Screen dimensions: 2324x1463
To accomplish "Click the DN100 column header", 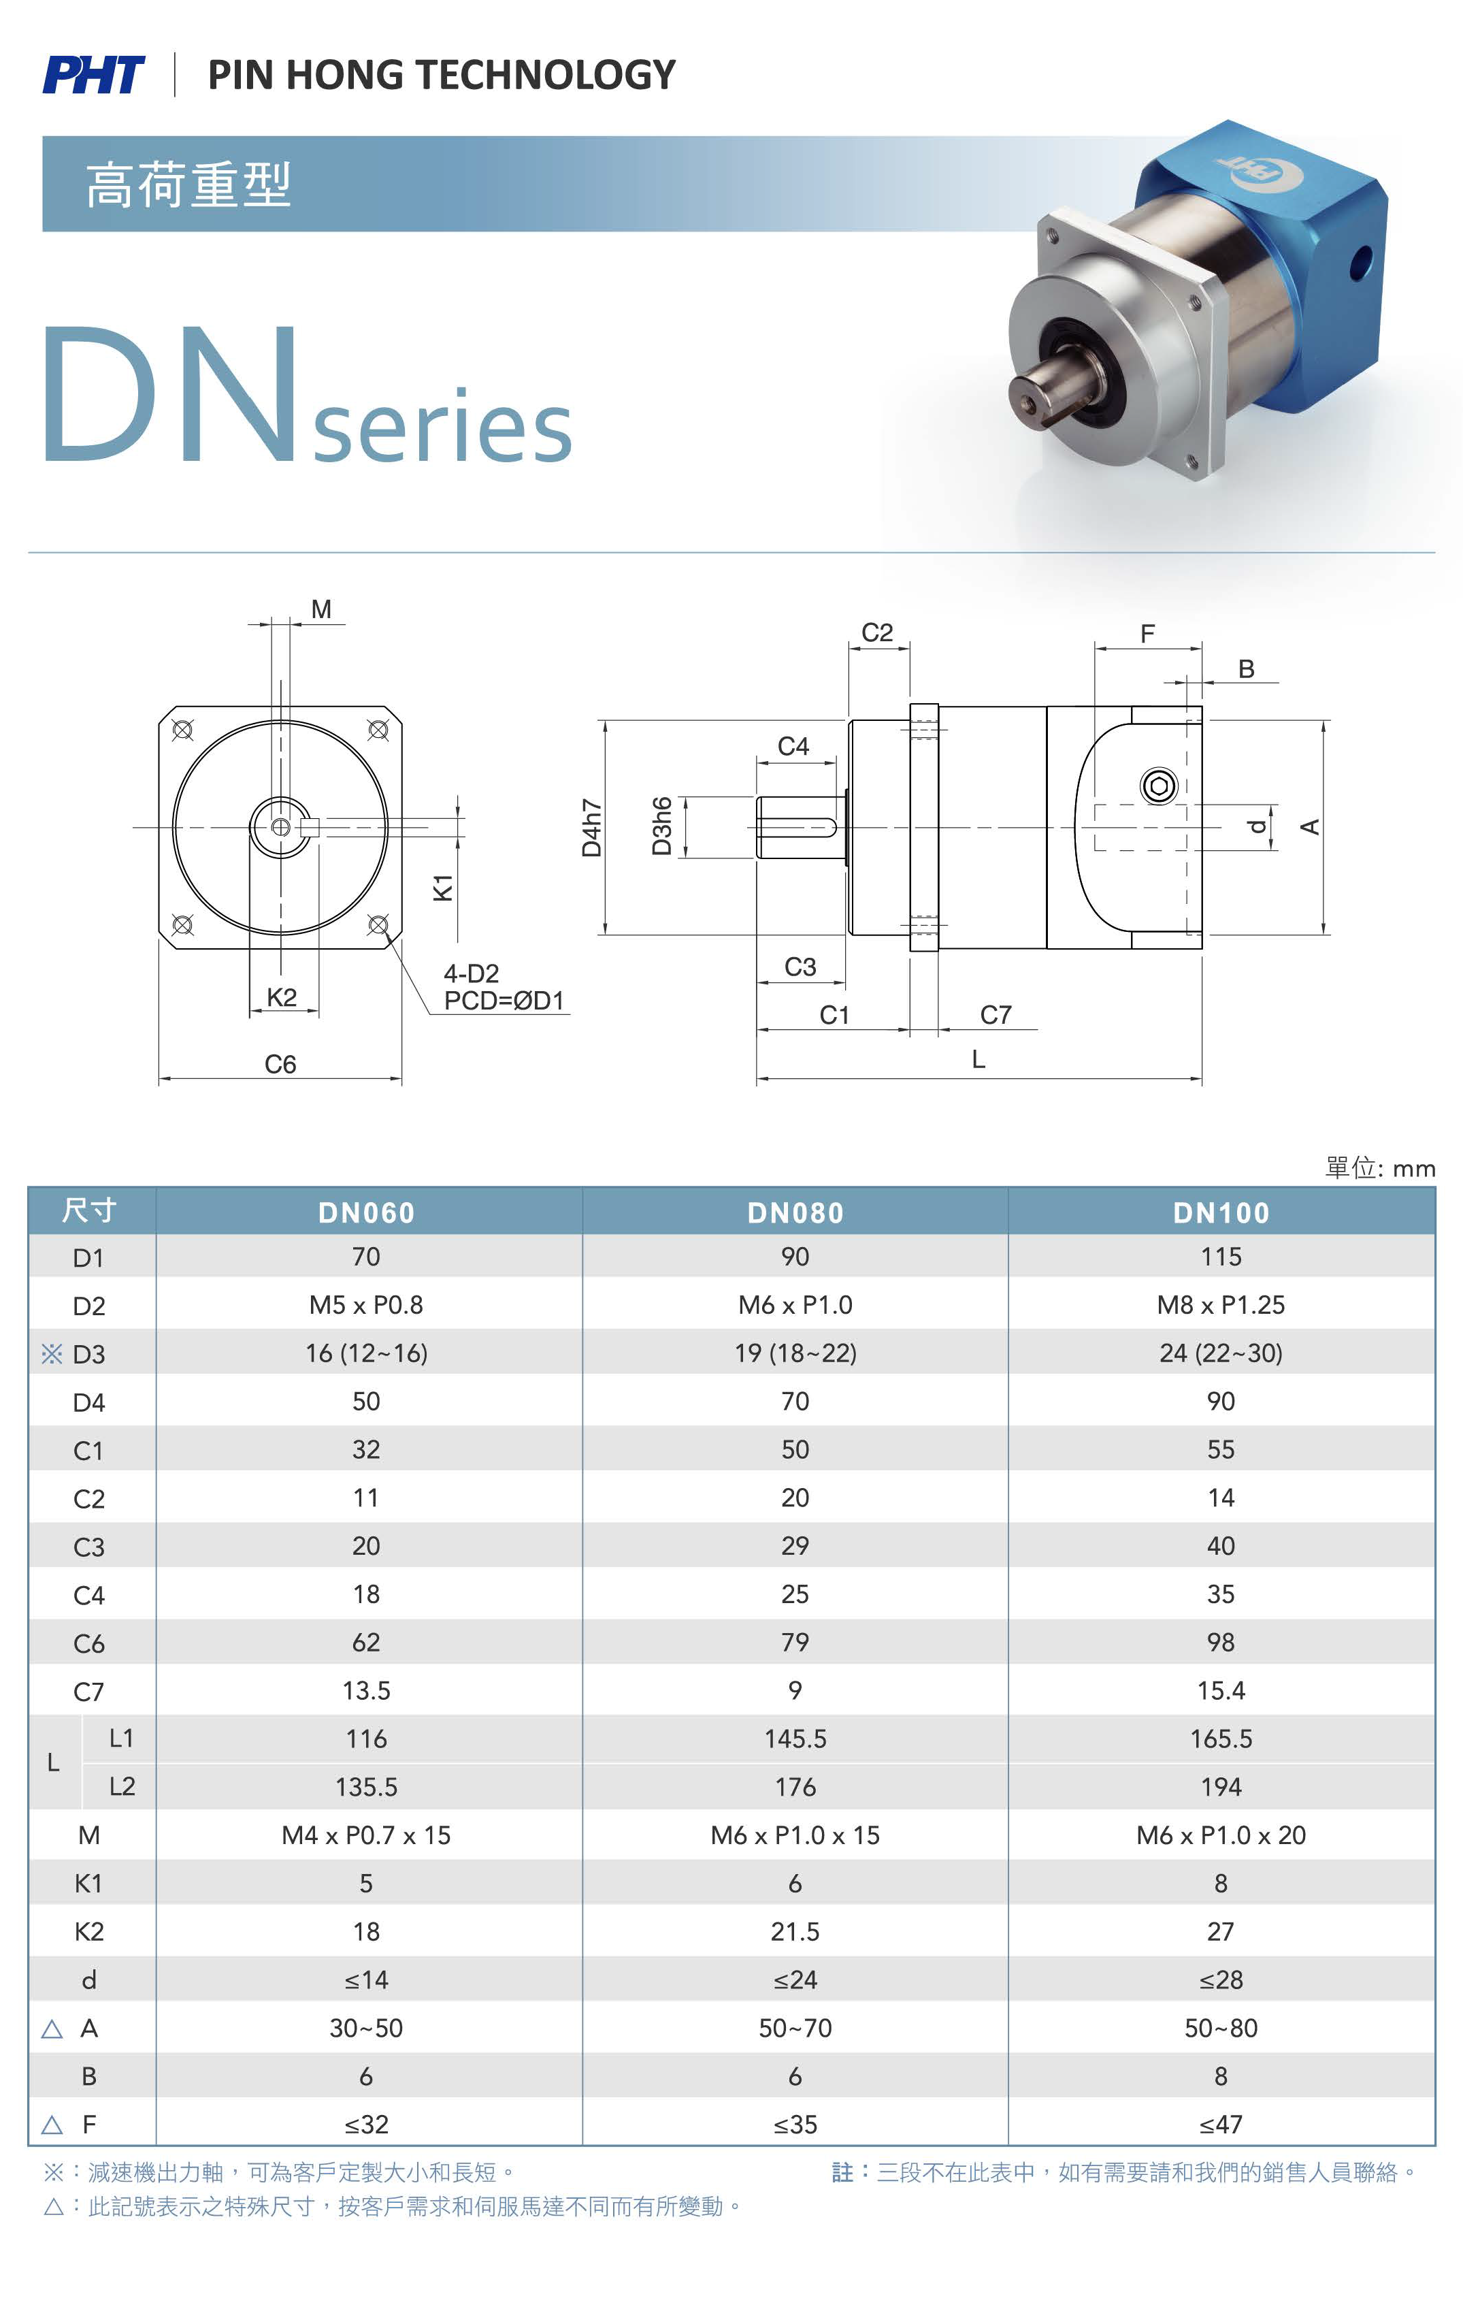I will click(1221, 1212).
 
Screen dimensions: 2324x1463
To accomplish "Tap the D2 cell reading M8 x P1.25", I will click(1221, 1305).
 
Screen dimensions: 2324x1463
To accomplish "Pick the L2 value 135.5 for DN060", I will click(366, 1786).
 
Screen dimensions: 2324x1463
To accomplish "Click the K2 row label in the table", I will click(88, 1931).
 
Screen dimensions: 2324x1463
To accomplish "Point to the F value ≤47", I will click(1221, 2125).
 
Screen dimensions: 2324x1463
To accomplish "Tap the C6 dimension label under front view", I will click(280, 1063).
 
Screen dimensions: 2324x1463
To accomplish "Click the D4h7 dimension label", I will click(591, 828).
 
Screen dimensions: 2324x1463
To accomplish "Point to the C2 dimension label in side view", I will click(876, 632).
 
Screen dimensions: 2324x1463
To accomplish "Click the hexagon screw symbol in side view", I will click(1159, 786).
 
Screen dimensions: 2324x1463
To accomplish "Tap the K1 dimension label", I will click(443, 887).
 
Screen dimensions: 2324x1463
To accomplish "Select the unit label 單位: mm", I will click(1380, 1168).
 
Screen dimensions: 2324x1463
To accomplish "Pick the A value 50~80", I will click(1221, 2028).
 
